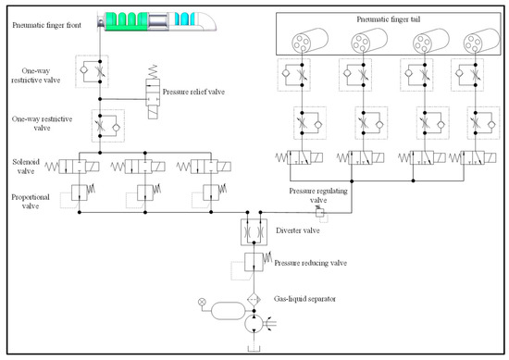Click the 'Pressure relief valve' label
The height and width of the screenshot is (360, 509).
pos(193,92)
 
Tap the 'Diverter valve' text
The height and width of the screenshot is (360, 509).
pos(298,230)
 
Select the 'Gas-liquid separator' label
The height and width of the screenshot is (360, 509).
pos(304,299)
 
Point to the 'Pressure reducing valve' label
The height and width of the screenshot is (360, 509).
pos(310,263)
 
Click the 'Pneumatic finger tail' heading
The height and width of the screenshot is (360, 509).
pos(389,19)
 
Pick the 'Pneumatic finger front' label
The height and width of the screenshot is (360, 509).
pos(47,25)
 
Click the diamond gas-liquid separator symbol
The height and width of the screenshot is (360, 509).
pos(254,300)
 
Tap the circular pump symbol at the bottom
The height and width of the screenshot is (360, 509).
pos(254,323)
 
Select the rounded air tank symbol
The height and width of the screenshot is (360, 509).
pos(229,311)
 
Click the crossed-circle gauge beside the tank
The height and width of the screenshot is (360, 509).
pos(202,303)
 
